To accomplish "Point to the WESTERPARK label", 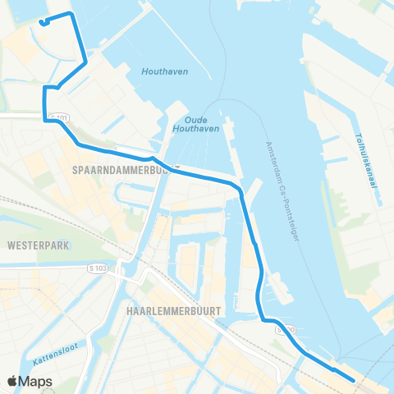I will tap(34, 245).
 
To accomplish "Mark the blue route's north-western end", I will tap(41, 22).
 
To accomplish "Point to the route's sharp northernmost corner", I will tap(72, 14).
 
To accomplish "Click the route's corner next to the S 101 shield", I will tap(44, 120).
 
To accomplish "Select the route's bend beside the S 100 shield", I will tap(264, 320).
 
